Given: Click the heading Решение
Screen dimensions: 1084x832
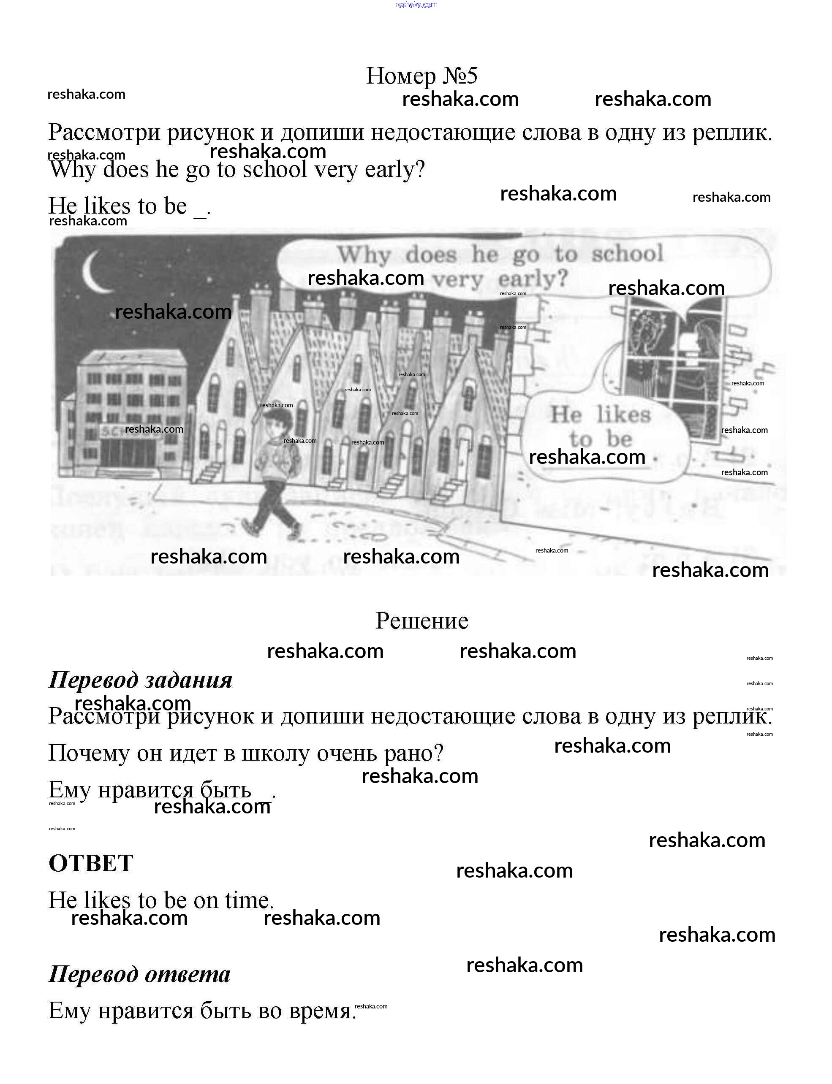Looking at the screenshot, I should click(x=421, y=621).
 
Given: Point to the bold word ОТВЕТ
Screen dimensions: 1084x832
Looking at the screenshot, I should click(x=91, y=863).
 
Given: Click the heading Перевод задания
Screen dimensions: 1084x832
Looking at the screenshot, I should click(x=140, y=680).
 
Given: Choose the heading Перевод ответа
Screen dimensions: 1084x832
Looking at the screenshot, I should click(x=139, y=974).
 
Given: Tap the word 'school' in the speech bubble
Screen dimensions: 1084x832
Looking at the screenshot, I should click(x=627, y=254).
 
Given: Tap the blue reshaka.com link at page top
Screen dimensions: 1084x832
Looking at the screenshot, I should click(x=416, y=5).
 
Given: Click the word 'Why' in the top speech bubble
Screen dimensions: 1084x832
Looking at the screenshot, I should click(x=364, y=255).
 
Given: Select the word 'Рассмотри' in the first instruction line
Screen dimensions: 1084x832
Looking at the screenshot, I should click(x=104, y=133).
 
